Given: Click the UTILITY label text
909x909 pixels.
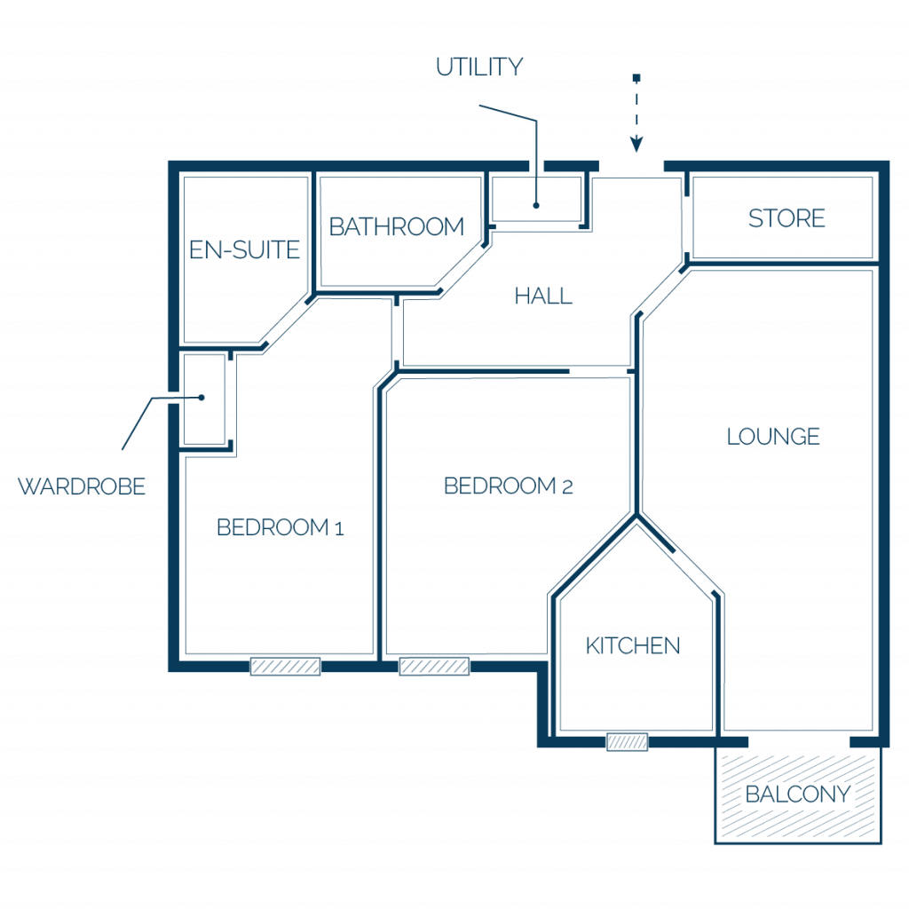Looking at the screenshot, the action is click(479, 67).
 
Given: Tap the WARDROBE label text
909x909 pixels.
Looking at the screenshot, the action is click(82, 486).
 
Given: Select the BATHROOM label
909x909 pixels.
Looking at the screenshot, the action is click(397, 226).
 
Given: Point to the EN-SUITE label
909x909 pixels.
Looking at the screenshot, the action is click(244, 249).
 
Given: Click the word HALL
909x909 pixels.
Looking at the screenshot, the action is click(543, 296).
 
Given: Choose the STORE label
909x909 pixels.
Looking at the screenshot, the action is click(786, 218).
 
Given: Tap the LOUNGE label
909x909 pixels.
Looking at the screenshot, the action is click(773, 437).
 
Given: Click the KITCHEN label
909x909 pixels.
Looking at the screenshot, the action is click(632, 646).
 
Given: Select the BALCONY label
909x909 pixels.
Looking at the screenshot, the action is click(798, 794).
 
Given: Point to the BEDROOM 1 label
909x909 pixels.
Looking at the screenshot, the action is click(280, 527).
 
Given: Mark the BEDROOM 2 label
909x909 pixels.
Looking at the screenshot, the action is click(509, 486).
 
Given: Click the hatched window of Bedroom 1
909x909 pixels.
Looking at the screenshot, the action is click(285, 667).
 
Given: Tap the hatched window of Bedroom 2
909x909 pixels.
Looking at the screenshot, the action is click(434, 667).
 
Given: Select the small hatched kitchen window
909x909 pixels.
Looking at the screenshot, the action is click(628, 742).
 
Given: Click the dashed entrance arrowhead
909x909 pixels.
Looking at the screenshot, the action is click(636, 144).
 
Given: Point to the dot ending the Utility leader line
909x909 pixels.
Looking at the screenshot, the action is click(536, 205).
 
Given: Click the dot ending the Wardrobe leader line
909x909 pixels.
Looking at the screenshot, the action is click(202, 398).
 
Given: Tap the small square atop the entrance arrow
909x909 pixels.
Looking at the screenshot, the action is click(636, 78).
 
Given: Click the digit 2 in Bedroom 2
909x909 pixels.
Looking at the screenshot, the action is click(567, 487).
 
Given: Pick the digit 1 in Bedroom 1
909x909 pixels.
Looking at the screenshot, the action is click(339, 529).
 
